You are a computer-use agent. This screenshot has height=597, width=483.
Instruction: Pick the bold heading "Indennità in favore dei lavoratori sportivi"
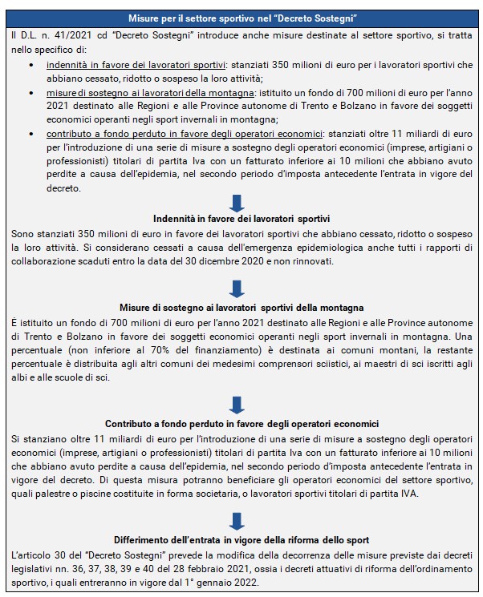[241, 219]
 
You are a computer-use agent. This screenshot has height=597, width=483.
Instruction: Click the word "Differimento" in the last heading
[146, 539]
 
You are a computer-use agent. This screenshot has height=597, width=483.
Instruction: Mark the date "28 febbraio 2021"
[202, 567]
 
